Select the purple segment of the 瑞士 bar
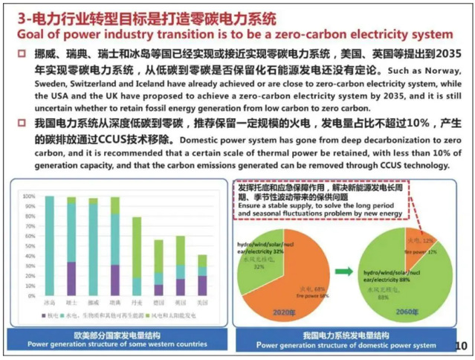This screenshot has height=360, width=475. [x=71, y=279]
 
